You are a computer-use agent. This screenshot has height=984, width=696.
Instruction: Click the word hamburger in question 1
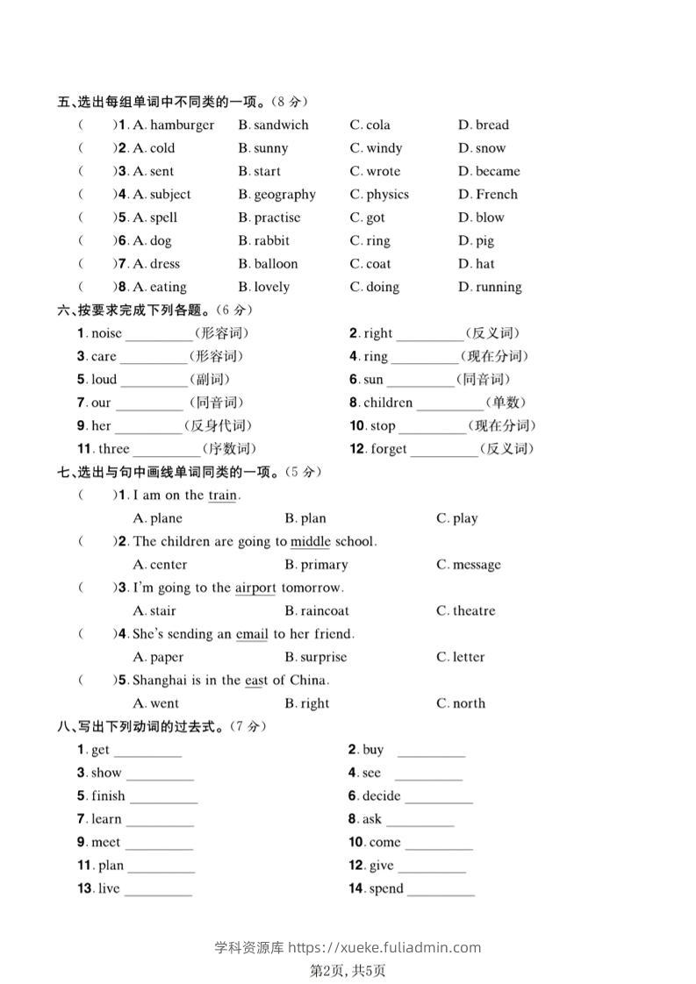[182, 125]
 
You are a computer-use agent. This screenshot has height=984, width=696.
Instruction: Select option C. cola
[370, 125]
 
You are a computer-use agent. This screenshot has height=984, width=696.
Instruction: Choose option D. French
[488, 195]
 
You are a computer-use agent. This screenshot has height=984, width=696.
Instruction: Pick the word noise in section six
[106, 333]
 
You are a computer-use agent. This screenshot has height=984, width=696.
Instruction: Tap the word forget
[389, 449]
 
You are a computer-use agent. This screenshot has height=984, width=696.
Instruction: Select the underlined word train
[222, 496]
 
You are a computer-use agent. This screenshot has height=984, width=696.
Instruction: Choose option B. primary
[317, 565]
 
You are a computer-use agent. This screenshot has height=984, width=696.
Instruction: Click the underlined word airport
[255, 588]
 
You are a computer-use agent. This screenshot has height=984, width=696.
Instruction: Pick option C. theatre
[466, 611]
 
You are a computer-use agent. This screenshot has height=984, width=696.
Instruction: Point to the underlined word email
[252, 634]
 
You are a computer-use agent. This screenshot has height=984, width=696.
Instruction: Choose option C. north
[461, 703]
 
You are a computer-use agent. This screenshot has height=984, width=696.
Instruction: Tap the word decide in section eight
[381, 796]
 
